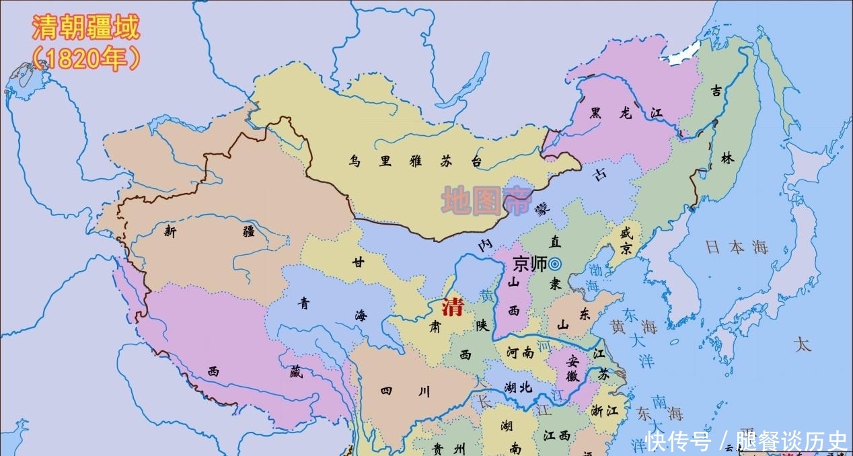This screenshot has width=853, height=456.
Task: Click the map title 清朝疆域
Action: pos(85,28)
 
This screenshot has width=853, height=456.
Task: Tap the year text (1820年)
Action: pos(85,59)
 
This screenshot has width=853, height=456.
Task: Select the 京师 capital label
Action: pos(529,264)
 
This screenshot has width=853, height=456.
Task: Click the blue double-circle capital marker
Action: pos(555,264)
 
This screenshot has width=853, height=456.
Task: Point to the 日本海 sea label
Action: pos(736,248)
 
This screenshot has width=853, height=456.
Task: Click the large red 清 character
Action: pos(452,307)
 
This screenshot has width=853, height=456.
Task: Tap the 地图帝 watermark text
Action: pos(486,200)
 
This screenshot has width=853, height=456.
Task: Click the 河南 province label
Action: pos(520,352)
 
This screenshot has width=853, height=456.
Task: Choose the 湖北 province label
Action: pos(517,387)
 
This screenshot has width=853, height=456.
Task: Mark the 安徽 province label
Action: pos(572,368)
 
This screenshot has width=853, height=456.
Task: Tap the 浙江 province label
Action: pos(605,410)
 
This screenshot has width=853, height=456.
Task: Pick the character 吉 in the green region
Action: pos(716,91)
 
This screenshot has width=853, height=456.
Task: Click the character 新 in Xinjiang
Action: pos(170,231)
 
